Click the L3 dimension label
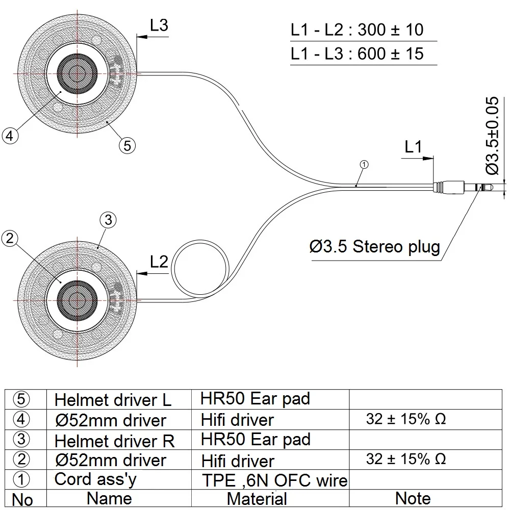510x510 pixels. point(159,25)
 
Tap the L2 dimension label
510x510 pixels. point(159,262)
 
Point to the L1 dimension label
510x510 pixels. point(413,147)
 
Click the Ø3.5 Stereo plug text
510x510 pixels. point(375,246)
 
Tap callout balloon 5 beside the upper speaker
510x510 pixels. point(127,145)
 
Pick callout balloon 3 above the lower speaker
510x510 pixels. point(108,220)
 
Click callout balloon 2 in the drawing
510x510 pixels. point(10,238)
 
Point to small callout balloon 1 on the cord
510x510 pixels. point(364,165)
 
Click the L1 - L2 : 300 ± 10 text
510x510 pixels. point(357,30)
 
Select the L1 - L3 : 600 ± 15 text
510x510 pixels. point(357,54)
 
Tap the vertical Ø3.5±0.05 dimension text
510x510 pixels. point(492,135)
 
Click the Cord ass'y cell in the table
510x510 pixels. point(95,479)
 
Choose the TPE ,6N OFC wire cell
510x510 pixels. point(275,480)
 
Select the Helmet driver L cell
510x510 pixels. point(113,400)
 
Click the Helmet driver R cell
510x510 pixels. point(114,441)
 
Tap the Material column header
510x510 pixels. point(257,499)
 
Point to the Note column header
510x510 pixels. point(413,498)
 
